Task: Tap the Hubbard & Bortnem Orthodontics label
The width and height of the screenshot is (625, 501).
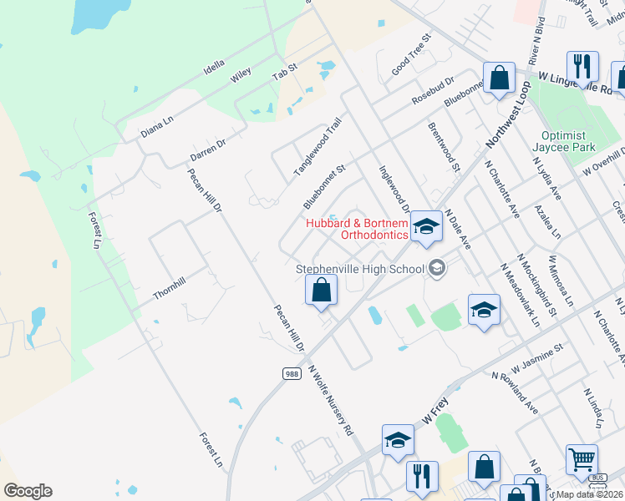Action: click(357, 229)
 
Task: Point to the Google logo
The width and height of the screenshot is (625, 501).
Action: click(28, 491)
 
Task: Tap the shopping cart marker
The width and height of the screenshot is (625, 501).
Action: click(582, 458)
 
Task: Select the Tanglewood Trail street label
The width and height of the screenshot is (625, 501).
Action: click(318, 147)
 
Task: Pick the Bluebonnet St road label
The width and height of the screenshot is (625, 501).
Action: click(324, 186)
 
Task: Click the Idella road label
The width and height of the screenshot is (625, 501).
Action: click(214, 66)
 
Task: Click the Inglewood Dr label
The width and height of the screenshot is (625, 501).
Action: click(395, 189)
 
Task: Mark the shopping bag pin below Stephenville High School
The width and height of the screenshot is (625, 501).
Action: click(322, 292)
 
